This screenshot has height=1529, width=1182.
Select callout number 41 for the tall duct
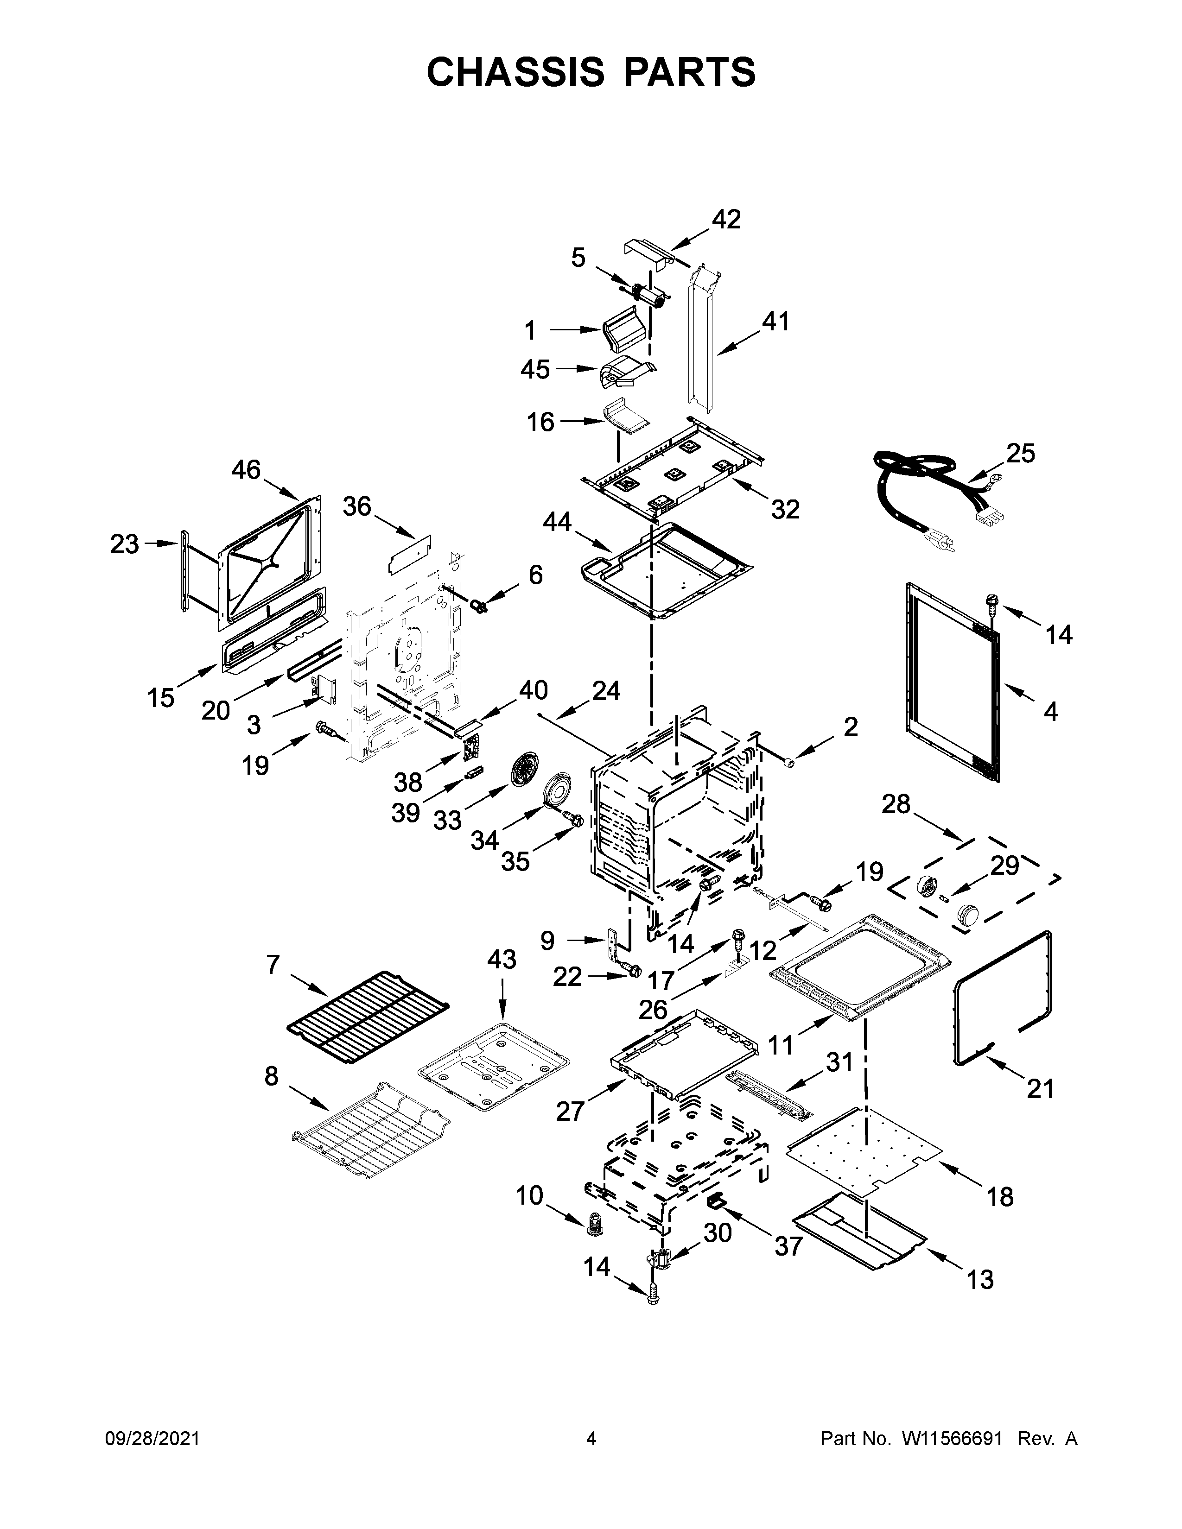[x=775, y=322]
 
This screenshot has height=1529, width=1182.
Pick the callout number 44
[x=557, y=522]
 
